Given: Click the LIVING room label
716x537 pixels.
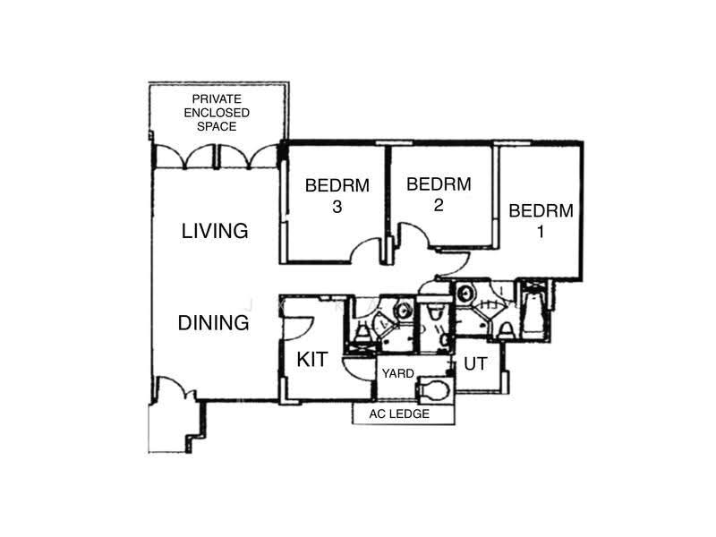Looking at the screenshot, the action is pos(215,231).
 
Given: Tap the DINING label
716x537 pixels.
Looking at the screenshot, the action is pos(213,323).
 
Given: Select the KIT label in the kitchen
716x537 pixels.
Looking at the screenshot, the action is pos(312,360).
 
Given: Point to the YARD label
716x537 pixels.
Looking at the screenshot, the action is pos(397,373).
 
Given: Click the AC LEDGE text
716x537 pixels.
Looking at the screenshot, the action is pos(399,413).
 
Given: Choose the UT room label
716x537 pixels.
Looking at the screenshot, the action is pos(475,364).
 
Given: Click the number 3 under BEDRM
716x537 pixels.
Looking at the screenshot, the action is pos(337,207).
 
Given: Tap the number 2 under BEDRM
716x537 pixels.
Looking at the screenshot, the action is pos(439,205).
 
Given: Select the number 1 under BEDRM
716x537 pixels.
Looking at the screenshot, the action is pos(541,232).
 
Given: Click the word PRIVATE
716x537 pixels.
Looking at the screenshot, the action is pos(217,99).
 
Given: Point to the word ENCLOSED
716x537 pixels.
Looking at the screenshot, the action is pos(217,113).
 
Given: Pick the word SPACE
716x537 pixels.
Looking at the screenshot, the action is pos(217,126).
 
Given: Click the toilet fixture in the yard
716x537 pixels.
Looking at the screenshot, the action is pos(433,389).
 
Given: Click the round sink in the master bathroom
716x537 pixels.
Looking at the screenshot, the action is pos(465,293).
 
